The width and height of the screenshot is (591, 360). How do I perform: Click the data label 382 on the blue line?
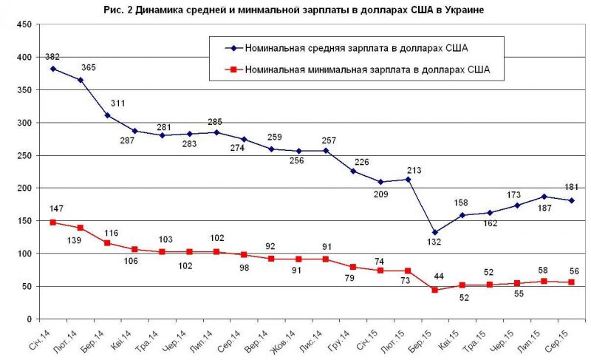pos(52,56)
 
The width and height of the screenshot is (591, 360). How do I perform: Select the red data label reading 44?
pos(439,276)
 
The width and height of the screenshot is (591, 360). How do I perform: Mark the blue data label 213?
pos(413,171)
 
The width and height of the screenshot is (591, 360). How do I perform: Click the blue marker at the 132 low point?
pos(434,232)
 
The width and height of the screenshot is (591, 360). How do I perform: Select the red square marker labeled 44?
pos(434,290)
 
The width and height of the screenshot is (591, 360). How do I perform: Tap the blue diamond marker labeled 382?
pos(52,69)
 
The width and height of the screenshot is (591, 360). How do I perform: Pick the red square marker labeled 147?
pos(52,223)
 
